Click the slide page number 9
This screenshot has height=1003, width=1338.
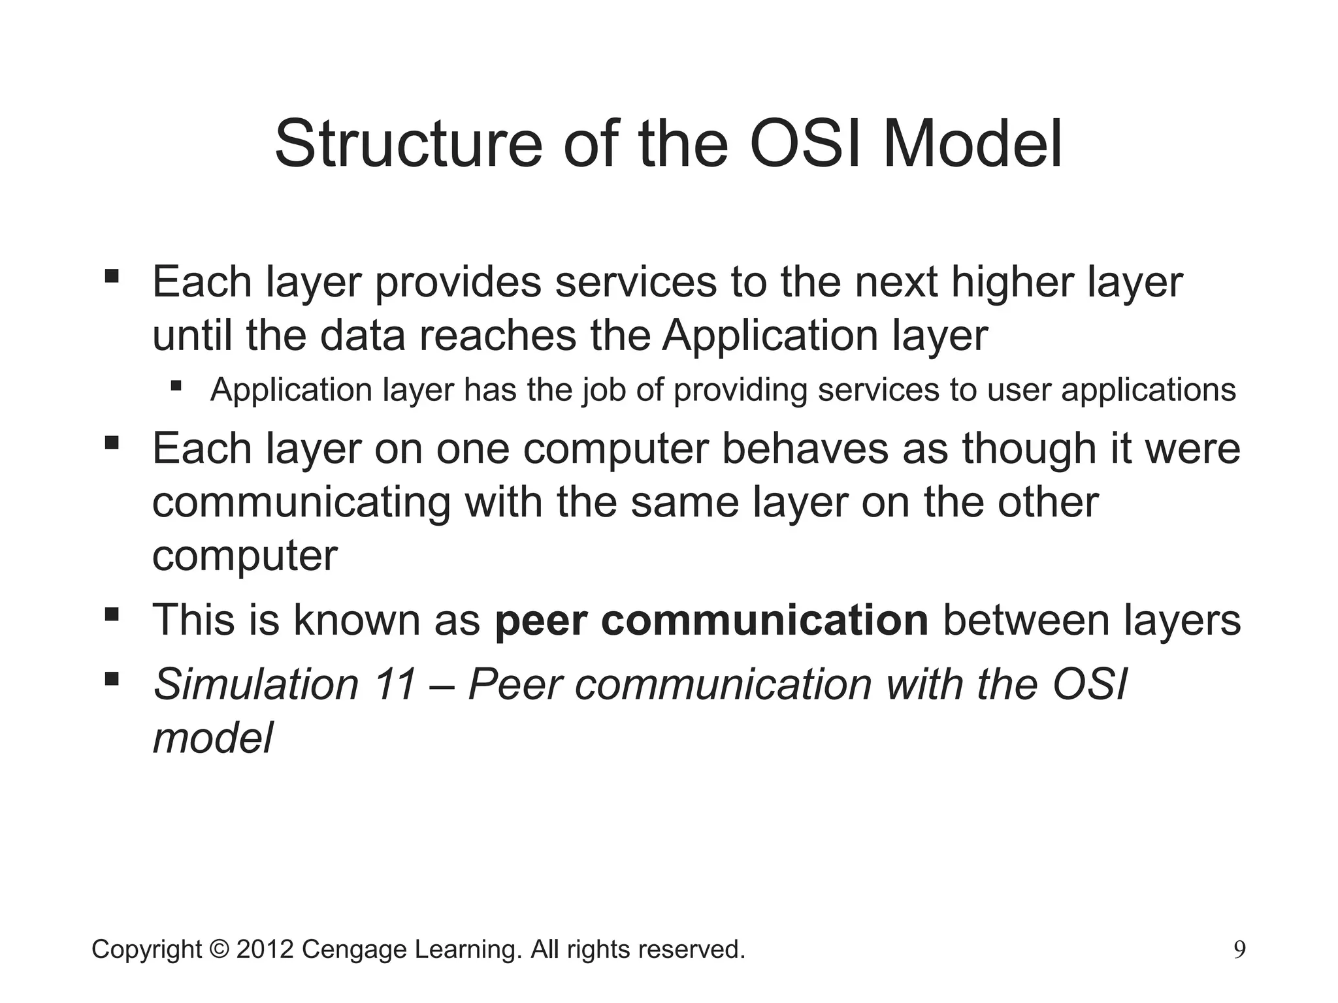1239,949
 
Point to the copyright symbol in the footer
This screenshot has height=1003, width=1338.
220,949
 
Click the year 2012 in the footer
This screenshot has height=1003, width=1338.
265,949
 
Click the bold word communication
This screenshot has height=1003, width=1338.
764,620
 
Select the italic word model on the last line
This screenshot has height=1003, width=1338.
212,739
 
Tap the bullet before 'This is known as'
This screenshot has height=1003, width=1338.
112,614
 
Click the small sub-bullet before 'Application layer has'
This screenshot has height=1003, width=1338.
175,385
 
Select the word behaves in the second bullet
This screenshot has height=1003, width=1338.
805,449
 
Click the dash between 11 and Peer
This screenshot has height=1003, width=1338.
442,686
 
